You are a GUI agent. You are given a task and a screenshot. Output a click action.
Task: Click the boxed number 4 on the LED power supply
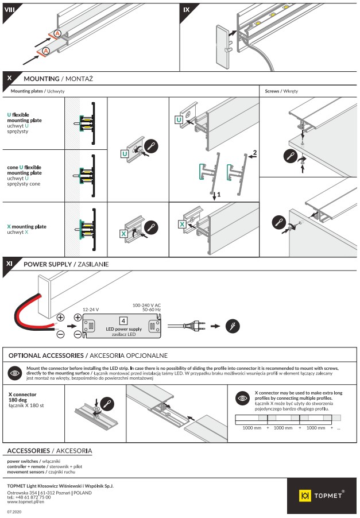point(123,320)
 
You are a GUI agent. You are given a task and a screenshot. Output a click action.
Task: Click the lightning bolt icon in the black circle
point(231,325)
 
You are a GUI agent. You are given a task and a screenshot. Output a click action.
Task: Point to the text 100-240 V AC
point(146,305)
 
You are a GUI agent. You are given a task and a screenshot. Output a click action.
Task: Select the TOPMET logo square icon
point(305,495)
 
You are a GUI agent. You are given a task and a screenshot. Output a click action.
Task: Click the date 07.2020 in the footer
point(14,511)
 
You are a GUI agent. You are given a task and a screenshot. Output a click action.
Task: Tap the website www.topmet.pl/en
point(25,501)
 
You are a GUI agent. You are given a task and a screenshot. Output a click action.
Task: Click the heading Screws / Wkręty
point(281,91)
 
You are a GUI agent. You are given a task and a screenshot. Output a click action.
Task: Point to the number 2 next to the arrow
point(254,153)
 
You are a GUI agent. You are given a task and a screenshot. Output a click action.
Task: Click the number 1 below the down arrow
point(219,195)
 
